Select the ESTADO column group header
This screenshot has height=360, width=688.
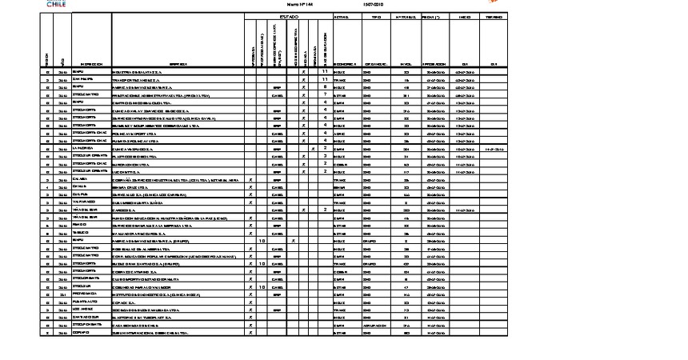pos(287,16)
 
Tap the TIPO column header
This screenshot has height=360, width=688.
pos(376,16)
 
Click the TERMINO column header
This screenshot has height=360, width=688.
pos(494,16)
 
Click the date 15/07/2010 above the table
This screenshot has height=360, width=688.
pos(374,4)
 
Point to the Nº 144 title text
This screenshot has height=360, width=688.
pos(287,4)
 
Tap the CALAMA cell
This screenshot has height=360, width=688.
pos(78,179)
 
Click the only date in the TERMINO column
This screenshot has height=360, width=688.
pos(494,148)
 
